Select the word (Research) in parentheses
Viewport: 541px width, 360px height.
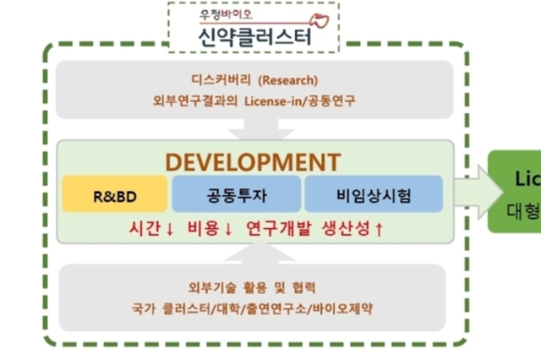pyautogui.click(x=287, y=82)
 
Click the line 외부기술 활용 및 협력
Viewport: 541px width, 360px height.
pyautogui.click(x=254, y=287)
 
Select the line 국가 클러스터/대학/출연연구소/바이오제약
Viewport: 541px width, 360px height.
pyautogui.click(x=254, y=308)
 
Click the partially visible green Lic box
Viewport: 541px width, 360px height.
pyautogui.click(x=516, y=190)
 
